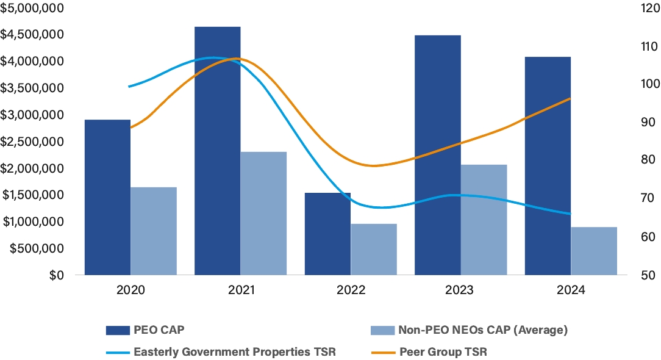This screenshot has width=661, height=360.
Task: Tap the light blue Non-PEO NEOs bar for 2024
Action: click(x=594, y=251)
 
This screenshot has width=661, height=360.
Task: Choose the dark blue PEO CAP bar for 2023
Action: click(x=438, y=155)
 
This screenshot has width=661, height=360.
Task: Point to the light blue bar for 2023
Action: click(x=484, y=220)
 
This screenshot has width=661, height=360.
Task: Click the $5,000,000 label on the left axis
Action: click(x=32, y=8)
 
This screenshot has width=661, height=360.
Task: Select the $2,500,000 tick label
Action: click(x=32, y=142)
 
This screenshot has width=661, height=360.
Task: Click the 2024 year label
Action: click(x=571, y=291)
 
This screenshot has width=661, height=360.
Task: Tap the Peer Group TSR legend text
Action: click(x=443, y=352)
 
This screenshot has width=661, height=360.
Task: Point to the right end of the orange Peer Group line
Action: click(x=570, y=98)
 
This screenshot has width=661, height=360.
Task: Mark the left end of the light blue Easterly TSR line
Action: click(x=129, y=87)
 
